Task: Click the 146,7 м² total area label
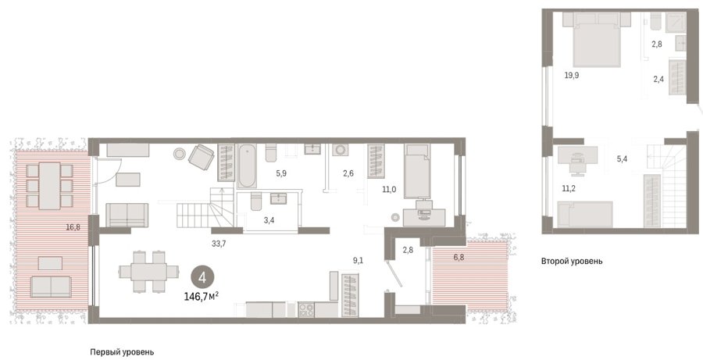click(202, 296)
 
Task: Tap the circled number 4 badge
click(202, 277)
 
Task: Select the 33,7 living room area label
click(219, 244)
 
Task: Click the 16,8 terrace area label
click(73, 226)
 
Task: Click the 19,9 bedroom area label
click(571, 75)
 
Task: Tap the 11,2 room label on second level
click(569, 188)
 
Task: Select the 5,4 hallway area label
click(623, 159)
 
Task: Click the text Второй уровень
click(572, 261)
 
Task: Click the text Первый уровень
click(122, 352)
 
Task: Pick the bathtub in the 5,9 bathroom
click(247, 166)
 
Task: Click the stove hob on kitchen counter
click(306, 310)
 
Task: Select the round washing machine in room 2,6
click(338, 149)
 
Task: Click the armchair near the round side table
click(202, 158)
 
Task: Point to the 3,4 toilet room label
click(268, 219)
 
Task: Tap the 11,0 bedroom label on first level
click(389, 190)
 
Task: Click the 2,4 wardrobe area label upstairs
click(658, 80)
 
